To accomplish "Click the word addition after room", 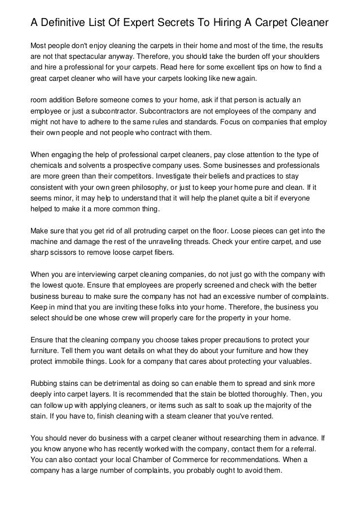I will coord(68,99).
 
